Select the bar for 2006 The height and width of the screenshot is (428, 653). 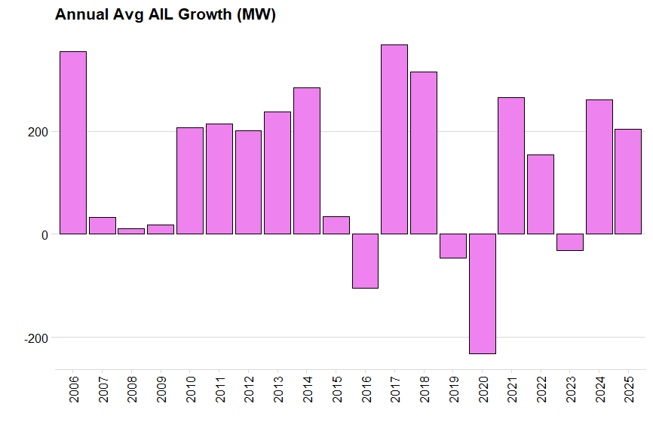point(73,142)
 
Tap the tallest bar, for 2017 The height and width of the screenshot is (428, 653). point(394,139)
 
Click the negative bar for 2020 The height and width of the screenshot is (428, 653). point(483,293)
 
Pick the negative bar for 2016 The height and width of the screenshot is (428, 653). point(365,261)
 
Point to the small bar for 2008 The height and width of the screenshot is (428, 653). point(131,231)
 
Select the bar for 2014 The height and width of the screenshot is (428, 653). point(307,160)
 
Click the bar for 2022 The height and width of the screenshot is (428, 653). point(541,194)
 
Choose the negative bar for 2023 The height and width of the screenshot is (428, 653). point(570,242)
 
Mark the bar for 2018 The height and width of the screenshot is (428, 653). point(424,153)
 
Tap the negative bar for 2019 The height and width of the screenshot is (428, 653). point(453,246)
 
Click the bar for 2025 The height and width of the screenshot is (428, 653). point(628,182)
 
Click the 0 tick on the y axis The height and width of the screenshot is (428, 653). point(44,235)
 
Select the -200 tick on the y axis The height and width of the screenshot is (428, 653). point(35,338)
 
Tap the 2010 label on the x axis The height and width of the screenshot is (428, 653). point(190,389)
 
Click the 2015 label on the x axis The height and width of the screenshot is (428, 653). point(336,389)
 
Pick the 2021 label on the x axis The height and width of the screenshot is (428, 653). point(512,389)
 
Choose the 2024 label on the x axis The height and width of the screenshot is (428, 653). point(599,389)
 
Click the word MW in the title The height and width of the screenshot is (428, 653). point(255,15)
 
